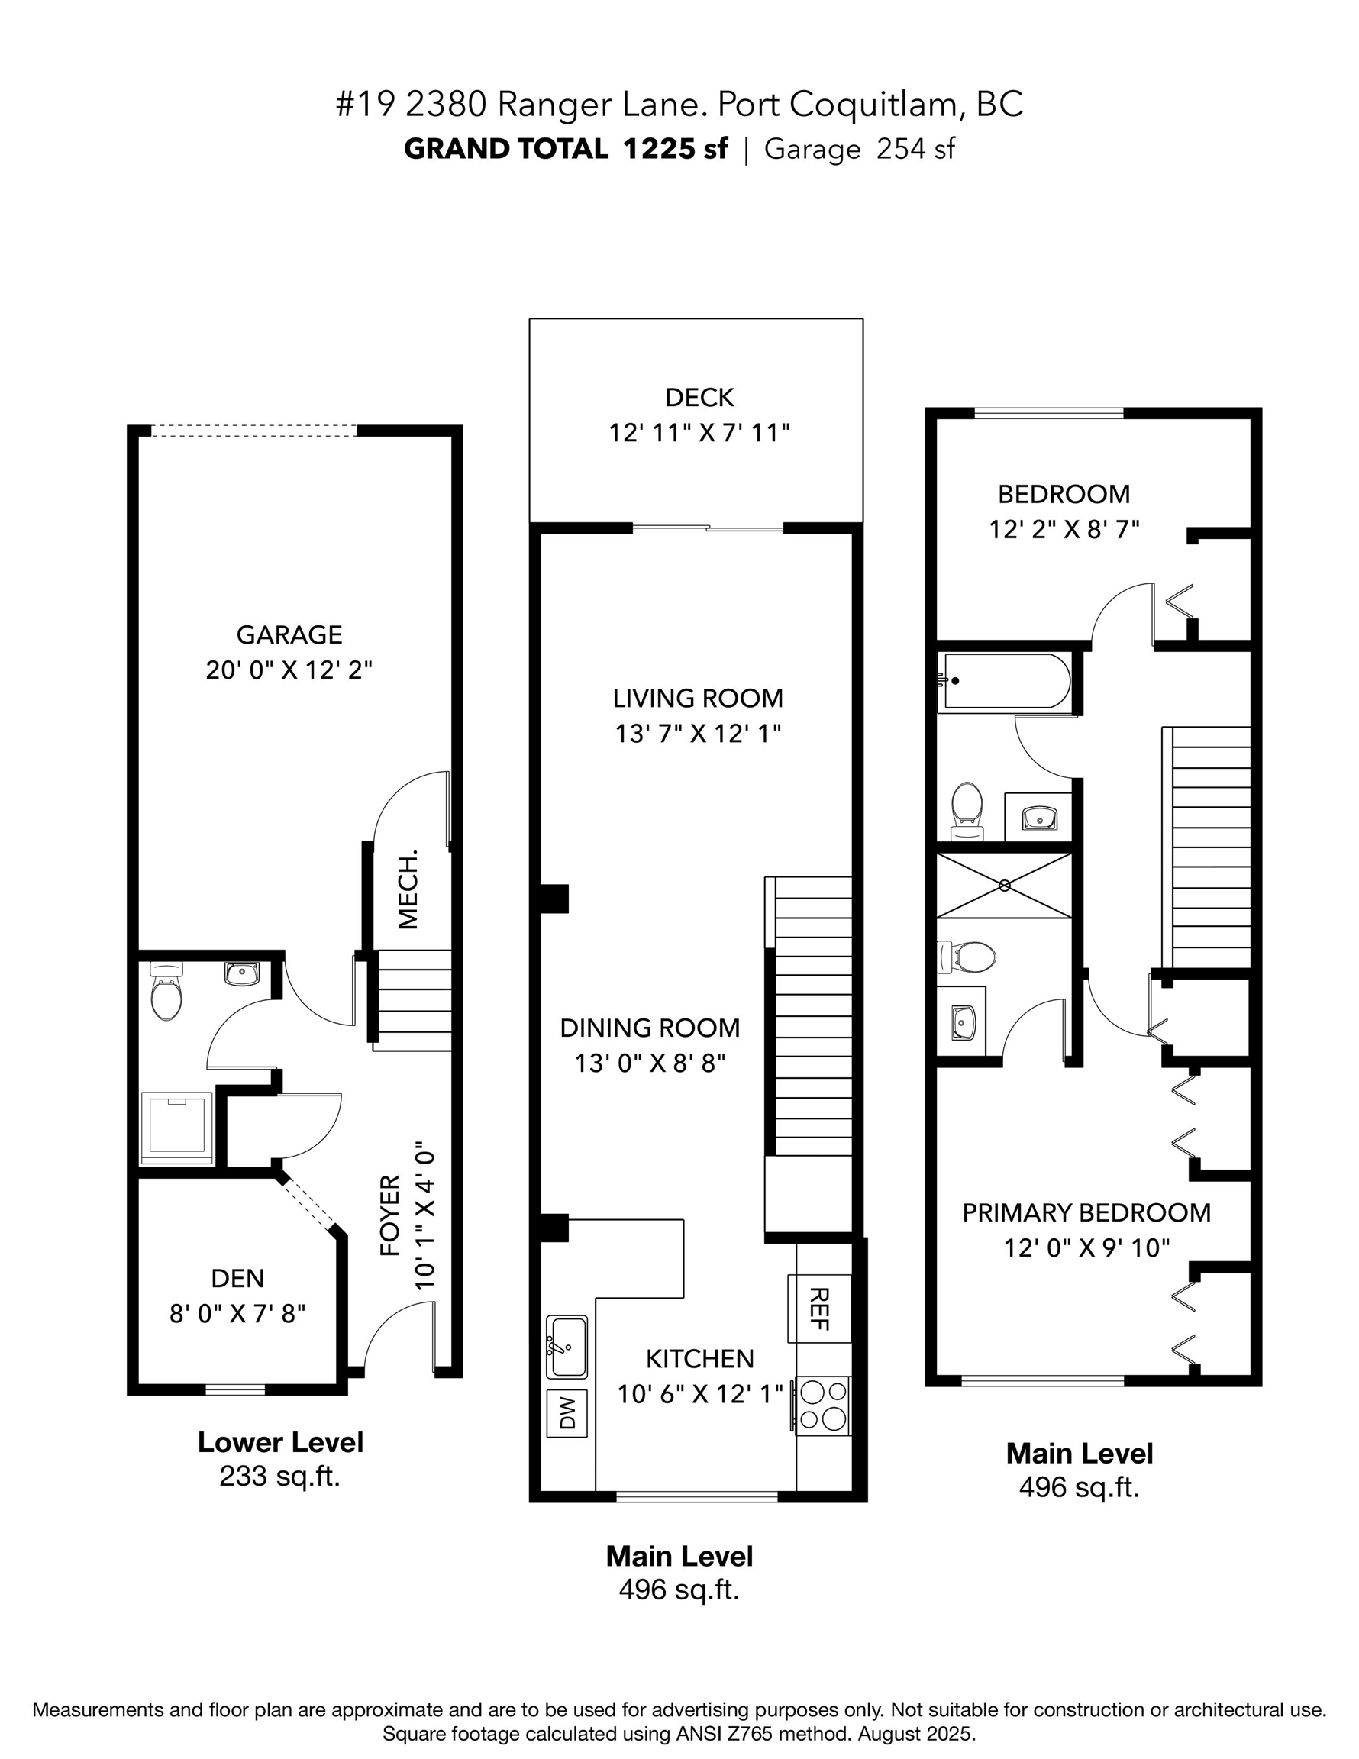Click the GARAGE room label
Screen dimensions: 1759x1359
(x=289, y=634)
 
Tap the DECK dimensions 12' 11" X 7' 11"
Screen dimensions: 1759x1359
(x=699, y=434)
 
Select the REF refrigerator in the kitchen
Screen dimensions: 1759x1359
(x=818, y=1308)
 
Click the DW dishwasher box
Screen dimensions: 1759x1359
(x=567, y=1412)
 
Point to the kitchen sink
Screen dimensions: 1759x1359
(x=567, y=1347)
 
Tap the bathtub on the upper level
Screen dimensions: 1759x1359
(x=1006, y=681)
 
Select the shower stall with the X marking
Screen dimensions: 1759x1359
(x=1004, y=885)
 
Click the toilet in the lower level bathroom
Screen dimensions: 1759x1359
(x=166, y=995)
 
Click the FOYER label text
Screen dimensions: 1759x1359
(x=390, y=1216)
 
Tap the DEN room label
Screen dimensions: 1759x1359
(x=237, y=1278)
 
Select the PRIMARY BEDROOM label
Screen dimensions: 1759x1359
(x=1086, y=1213)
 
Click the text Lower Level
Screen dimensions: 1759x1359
(x=280, y=1442)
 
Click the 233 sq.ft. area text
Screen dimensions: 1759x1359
(x=280, y=1477)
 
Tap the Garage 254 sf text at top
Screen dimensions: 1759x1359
(x=859, y=149)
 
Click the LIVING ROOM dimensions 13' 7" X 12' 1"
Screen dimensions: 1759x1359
(x=699, y=734)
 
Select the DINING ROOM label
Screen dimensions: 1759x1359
(x=649, y=1028)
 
